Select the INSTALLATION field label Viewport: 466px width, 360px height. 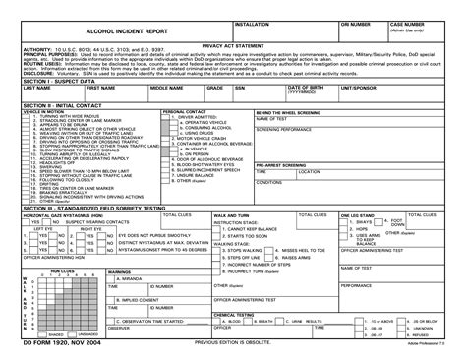[255, 22]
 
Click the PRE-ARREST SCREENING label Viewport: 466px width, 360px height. [280, 164]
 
